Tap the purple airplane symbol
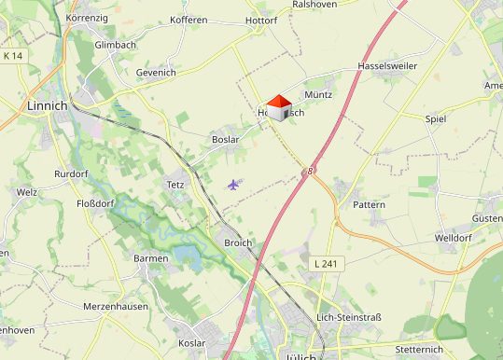pos(233,184)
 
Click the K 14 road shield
pos(13,57)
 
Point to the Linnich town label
pos(49,105)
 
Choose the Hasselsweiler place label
pos(386,67)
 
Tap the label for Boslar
pos(226,140)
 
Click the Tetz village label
pos(175,184)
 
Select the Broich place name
pos(238,242)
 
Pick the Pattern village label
pos(370,203)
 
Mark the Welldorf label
pos(454,238)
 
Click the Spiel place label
pos(436,119)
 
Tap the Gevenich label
pos(155,72)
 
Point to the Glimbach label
pos(116,45)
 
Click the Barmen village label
pos(151,258)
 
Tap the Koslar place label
pos(192,343)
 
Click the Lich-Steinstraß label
pos(349,317)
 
